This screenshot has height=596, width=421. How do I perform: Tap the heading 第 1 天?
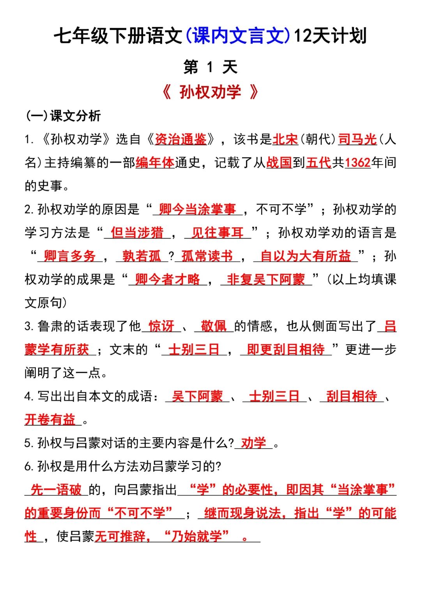[x=210, y=67]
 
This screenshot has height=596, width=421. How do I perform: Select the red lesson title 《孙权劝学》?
[x=210, y=92]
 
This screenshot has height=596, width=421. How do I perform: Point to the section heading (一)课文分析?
[x=63, y=115]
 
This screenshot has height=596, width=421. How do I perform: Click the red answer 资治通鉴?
[x=180, y=139]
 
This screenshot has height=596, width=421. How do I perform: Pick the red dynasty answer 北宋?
[x=285, y=139]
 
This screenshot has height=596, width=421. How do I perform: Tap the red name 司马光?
[x=357, y=139]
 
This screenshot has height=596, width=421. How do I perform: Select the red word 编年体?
[x=155, y=162]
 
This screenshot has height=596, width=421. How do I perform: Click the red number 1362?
[x=357, y=162]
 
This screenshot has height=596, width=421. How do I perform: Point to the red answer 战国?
[x=279, y=162]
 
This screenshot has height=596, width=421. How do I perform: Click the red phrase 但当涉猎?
[x=137, y=232]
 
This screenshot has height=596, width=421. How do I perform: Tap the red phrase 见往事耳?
[x=217, y=232]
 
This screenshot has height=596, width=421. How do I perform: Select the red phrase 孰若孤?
[x=142, y=256]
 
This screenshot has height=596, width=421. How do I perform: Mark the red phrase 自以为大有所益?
[x=305, y=256]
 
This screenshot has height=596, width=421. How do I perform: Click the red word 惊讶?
[x=161, y=326]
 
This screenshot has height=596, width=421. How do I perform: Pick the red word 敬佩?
[x=214, y=326]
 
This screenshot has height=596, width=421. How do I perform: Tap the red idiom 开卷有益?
[x=50, y=419]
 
